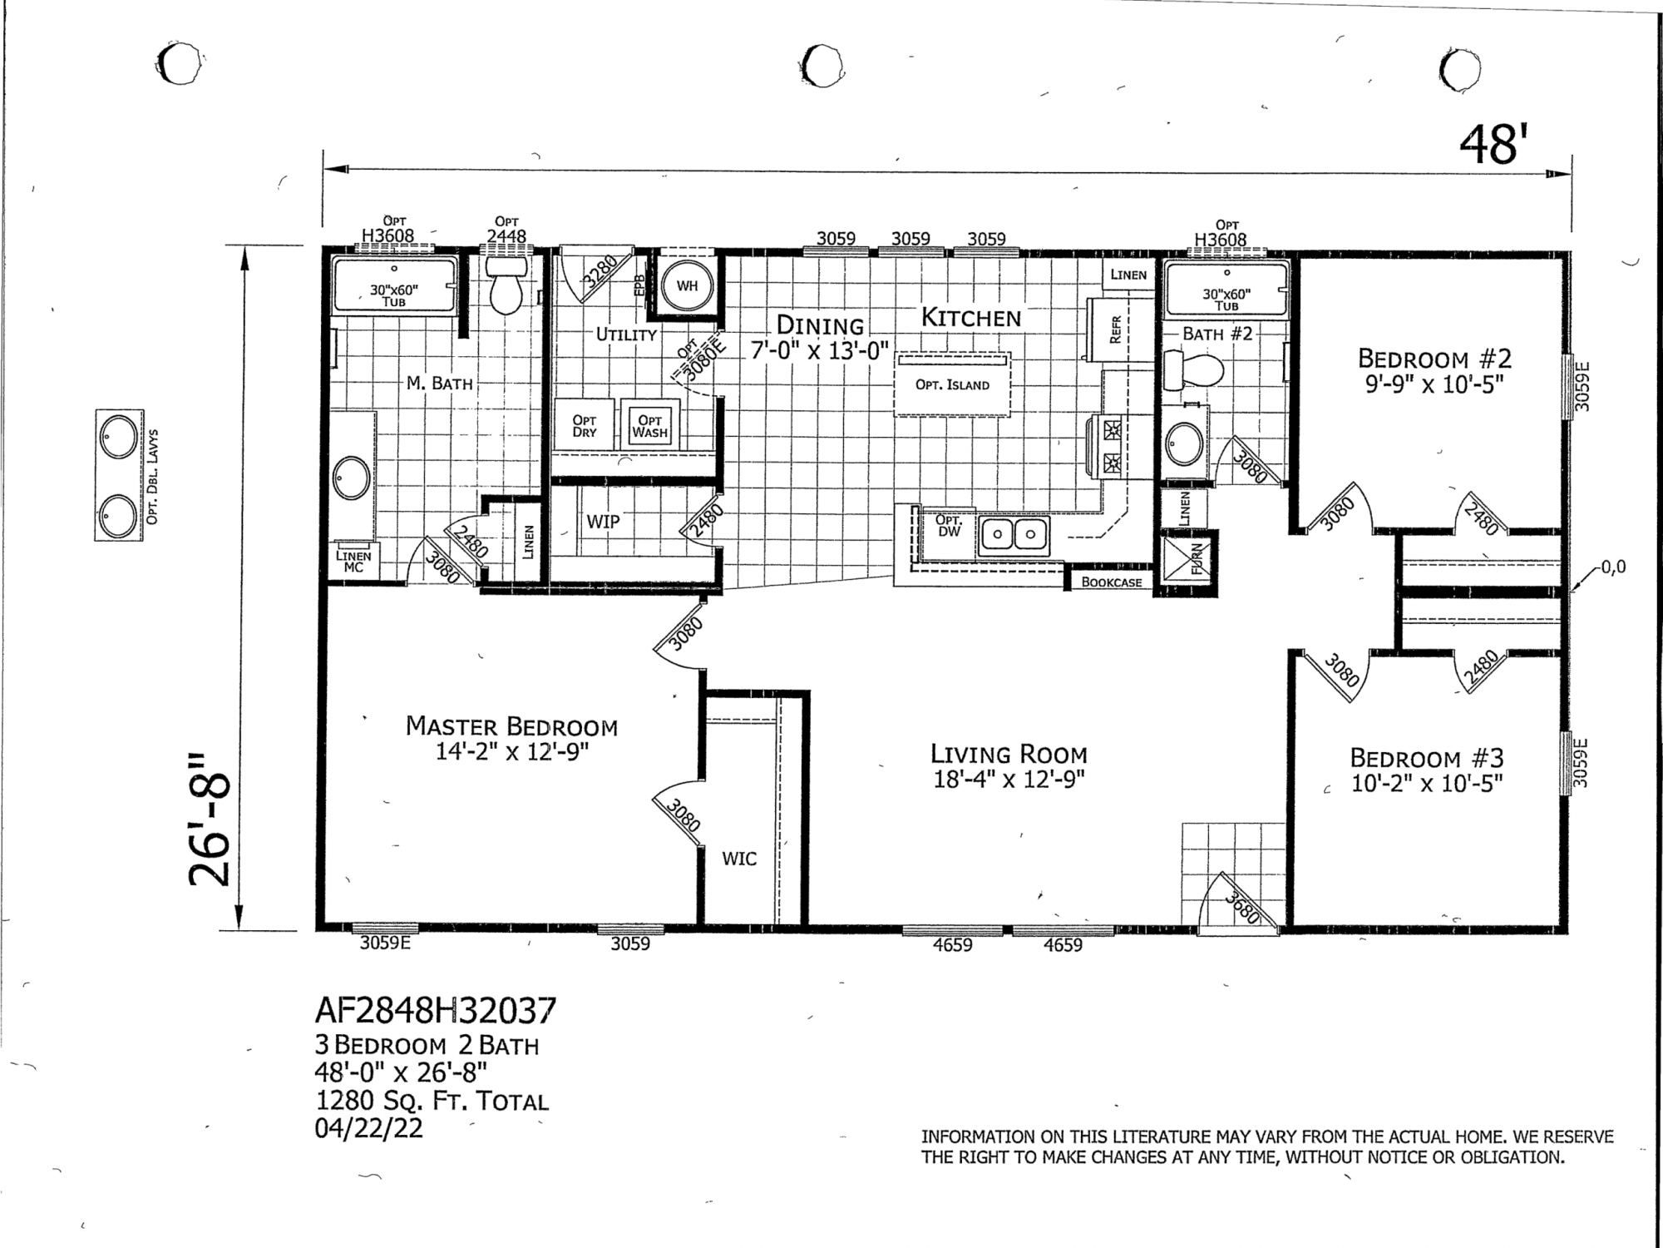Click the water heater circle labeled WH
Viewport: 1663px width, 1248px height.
pos(687,286)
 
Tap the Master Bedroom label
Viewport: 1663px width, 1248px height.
pos(511,726)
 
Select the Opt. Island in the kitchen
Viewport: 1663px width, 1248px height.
pos(953,384)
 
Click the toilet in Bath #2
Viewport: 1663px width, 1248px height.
pos(1192,369)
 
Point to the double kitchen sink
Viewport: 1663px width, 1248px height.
pos(1014,534)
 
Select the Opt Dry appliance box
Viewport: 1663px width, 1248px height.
pos(585,426)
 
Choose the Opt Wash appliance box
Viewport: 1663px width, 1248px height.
pos(649,426)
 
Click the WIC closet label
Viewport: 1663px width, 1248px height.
pos(739,859)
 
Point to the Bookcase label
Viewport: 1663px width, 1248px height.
pos(1112,582)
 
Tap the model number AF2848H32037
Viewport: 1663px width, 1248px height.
pos(436,1011)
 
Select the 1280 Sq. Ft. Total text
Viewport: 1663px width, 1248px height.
pos(432,1102)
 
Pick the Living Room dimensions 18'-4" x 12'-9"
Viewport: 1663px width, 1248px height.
pos(1009,780)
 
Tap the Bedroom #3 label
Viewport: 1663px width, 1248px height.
pos(1427,758)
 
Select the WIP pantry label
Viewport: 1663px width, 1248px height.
pos(603,522)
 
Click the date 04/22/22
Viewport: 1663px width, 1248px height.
pos(369,1129)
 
